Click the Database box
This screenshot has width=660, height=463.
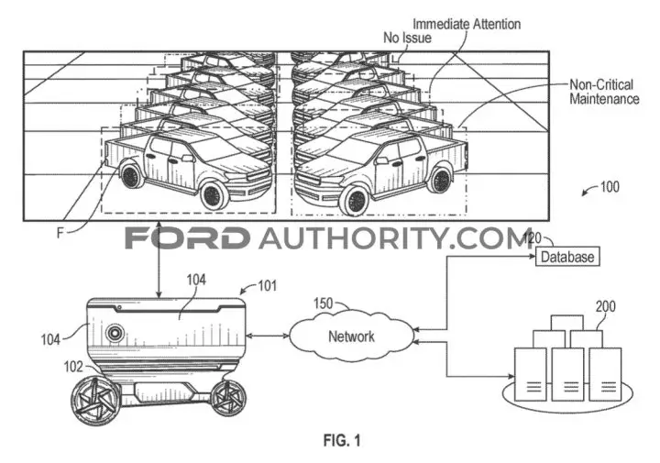(567, 257)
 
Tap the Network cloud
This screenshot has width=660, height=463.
(351, 336)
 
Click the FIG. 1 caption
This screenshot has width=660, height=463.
(342, 441)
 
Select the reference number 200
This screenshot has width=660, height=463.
(605, 306)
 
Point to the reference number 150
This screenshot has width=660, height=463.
(323, 303)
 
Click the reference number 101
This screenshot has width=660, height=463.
(268, 286)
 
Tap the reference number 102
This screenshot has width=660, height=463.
(73, 367)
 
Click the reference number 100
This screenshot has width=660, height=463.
(610, 186)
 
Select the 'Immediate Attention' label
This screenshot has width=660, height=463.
(467, 24)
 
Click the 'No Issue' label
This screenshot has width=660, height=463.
(407, 38)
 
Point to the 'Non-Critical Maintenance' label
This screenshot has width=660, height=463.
(604, 92)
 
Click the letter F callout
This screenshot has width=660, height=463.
(60, 232)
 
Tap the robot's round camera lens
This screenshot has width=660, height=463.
(114, 333)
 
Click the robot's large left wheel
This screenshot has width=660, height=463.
(96, 400)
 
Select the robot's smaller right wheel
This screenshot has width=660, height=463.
(227, 398)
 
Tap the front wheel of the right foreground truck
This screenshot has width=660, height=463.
(354, 201)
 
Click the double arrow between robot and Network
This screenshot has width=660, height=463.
(267, 336)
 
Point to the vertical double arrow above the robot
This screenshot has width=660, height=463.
(159, 259)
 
